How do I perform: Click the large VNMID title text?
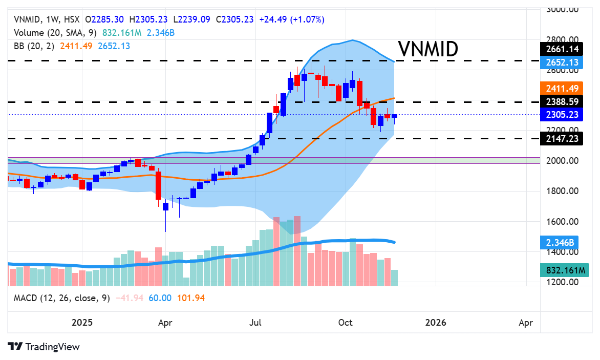[428, 50]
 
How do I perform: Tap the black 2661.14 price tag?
[562, 49]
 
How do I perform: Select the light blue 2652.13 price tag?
[562, 62]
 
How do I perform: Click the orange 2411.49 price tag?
[562, 88]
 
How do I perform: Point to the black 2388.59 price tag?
[562, 101]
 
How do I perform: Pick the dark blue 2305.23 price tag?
[562, 115]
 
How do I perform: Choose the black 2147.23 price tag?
[562, 138]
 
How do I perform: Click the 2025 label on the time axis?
[82, 323]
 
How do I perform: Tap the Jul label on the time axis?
[256, 323]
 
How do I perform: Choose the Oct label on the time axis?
[346, 323]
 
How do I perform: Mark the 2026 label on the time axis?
[436, 323]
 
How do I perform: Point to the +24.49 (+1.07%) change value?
[292, 19]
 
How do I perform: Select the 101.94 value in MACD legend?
[190, 298]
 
